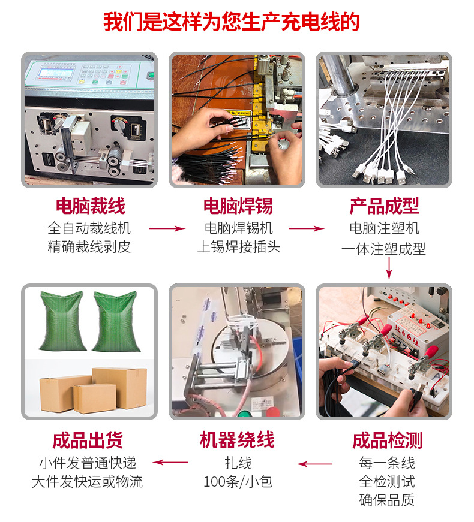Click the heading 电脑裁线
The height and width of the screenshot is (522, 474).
tap(90, 206)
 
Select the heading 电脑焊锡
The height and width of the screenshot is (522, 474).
tap(238, 206)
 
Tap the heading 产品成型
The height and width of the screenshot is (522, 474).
tap(384, 206)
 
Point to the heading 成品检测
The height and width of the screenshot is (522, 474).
tap(387, 440)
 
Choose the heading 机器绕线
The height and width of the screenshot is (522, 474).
tap(237, 440)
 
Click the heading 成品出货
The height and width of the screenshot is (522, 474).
tap(88, 440)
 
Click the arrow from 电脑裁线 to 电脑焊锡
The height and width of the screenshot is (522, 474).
tap(166, 228)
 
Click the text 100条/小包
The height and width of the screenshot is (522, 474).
tap(238, 481)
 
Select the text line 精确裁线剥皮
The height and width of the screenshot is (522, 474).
tap(89, 246)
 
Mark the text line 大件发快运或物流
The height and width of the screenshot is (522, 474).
tap(88, 481)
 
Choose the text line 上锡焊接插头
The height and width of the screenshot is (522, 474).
tap(238, 246)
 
